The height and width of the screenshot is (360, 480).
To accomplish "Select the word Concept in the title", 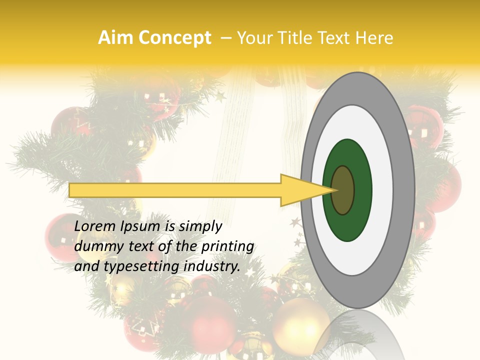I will [174, 38].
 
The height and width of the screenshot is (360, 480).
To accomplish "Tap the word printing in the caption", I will [227, 246].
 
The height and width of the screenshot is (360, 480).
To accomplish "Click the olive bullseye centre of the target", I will [343, 190].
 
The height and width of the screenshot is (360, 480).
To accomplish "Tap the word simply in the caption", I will [200, 226].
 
